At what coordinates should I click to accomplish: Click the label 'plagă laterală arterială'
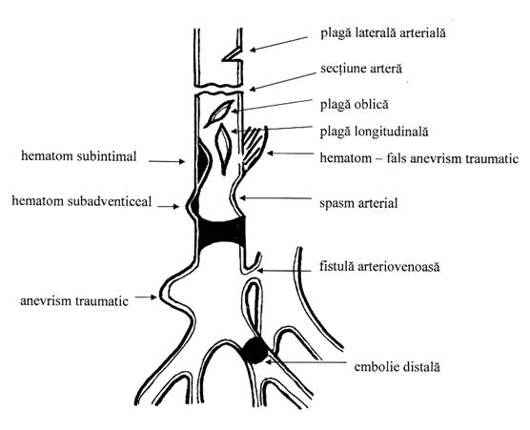click(383, 33)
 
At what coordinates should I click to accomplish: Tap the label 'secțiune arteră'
click(361, 69)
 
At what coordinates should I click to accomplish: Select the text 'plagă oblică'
click(355, 105)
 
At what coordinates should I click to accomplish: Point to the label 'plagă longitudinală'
click(375, 132)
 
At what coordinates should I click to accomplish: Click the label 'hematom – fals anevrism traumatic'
click(419, 158)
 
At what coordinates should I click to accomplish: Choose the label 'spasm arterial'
click(358, 203)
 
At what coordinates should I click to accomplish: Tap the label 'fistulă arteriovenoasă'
click(379, 267)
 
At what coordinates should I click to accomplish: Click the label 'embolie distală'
click(397, 367)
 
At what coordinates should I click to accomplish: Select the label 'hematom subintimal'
click(79, 156)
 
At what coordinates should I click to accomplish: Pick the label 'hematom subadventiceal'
click(82, 201)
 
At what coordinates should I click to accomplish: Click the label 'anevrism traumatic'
click(74, 301)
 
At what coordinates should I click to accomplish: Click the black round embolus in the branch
click(255, 351)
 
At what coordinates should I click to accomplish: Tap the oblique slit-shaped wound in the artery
click(219, 113)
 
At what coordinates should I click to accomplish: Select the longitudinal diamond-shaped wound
click(223, 149)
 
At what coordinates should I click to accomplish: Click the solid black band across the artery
click(222, 233)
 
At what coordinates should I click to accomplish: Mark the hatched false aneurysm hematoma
click(254, 148)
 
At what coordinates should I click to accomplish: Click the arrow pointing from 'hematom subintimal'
click(167, 161)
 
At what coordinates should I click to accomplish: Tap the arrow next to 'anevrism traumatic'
click(146, 297)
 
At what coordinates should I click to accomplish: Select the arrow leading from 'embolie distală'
click(306, 362)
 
